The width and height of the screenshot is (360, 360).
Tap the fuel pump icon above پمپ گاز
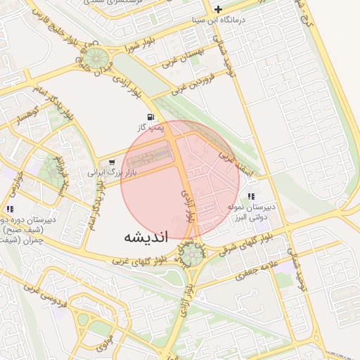pos(150,117)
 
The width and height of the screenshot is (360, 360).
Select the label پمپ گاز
pos(150,127)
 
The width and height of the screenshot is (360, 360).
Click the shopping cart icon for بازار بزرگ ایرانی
pos(111,162)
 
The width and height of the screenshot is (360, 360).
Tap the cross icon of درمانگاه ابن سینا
pos(219,10)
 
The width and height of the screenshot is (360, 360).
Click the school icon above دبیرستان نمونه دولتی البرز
pos(251,196)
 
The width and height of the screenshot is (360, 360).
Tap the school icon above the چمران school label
pos(10,208)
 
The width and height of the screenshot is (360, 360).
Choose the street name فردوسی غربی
pos(32,290)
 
